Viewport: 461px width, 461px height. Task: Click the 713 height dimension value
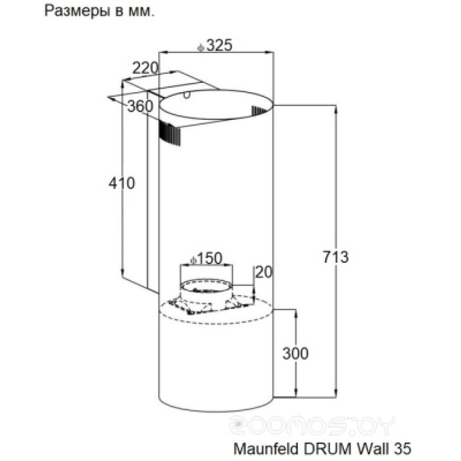336,257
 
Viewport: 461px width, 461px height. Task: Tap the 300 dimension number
295,353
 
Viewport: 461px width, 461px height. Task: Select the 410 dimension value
122,183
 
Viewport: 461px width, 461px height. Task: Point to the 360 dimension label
140,106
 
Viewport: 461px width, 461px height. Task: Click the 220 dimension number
146,69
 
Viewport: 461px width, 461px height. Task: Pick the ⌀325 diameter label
215,45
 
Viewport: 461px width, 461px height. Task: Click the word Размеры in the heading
77,11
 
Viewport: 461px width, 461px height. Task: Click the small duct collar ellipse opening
206,286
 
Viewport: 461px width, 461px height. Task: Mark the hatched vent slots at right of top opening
260,110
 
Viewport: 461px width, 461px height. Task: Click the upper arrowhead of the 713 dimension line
336,109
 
